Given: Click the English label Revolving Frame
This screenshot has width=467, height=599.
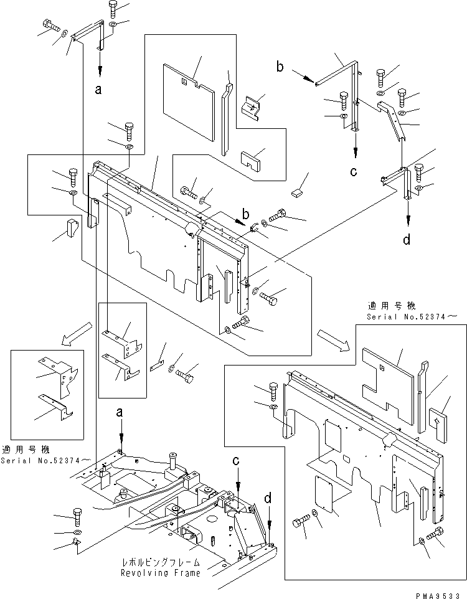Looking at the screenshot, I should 161,573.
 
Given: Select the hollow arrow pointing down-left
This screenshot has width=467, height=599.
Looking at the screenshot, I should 70,337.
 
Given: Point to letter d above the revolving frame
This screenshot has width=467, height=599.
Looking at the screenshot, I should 268,498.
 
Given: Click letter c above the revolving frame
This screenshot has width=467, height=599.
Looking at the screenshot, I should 236,461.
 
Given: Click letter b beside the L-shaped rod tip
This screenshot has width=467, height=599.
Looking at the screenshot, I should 281,67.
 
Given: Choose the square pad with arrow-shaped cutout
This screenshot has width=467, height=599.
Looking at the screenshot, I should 435,422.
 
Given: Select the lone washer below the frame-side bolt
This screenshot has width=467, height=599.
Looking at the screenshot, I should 77,534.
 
